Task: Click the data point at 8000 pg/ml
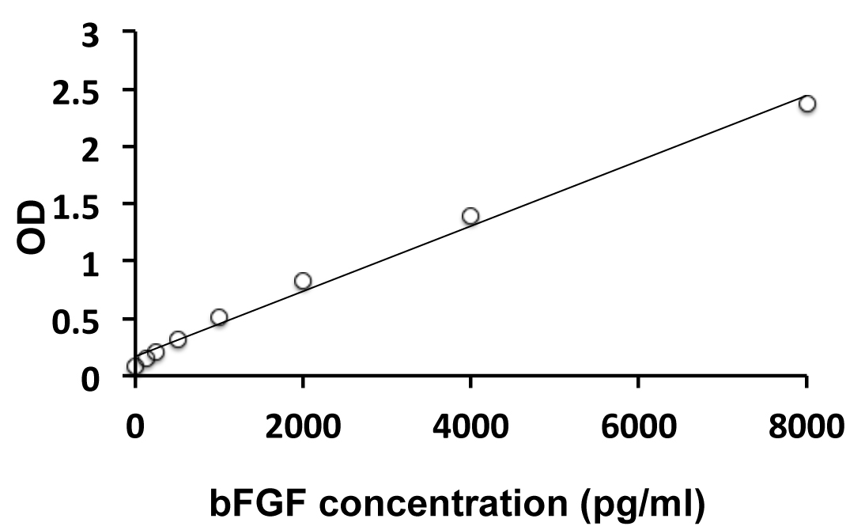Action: click(806, 104)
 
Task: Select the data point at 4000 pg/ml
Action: click(470, 216)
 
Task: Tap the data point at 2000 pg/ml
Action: click(303, 281)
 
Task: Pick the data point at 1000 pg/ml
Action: click(219, 317)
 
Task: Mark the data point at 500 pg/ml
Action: click(178, 339)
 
